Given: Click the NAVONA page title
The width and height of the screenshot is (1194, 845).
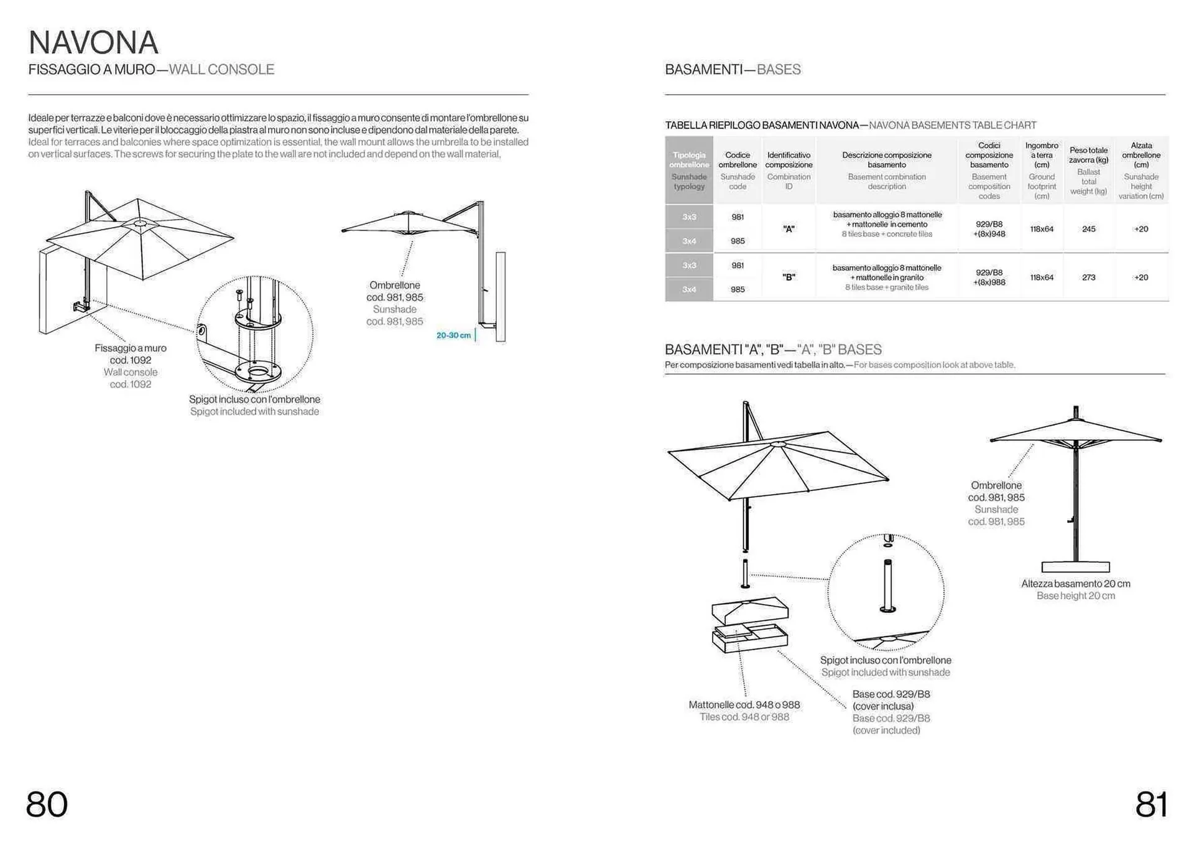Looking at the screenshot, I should [x=93, y=43].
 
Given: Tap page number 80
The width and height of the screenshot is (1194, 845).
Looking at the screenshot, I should [x=47, y=804].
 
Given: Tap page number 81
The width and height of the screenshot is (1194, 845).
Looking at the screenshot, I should [x=1151, y=804].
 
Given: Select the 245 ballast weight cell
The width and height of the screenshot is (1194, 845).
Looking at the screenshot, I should [x=1088, y=229].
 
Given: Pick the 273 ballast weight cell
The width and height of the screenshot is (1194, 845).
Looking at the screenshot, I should [x=1088, y=278].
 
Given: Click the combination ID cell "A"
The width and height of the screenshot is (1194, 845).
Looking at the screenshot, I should [x=789, y=229].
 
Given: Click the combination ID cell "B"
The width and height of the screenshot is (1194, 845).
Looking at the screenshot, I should [x=789, y=278].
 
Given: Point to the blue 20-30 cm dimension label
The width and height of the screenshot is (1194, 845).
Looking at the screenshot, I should [x=453, y=335].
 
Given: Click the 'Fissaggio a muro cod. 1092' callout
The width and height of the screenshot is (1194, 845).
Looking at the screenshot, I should [x=131, y=354].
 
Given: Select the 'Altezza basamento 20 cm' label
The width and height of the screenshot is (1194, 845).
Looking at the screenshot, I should [x=1075, y=584].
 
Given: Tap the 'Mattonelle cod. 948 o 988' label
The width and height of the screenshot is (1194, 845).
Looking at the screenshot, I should [x=744, y=705].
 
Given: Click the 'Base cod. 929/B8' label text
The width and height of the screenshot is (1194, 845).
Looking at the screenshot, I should [x=891, y=694].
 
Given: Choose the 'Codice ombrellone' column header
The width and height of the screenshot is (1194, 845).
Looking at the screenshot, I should [x=738, y=160].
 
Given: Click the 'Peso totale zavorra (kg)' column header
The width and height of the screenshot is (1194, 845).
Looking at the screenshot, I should [x=1088, y=155].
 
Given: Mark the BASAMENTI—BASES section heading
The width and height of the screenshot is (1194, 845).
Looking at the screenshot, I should [x=733, y=70].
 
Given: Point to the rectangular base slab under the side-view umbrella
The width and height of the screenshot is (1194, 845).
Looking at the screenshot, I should [x=1075, y=567].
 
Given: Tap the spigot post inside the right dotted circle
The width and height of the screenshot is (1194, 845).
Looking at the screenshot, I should [x=887, y=585].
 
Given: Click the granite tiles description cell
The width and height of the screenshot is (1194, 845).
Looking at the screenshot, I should [x=887, y=278].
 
